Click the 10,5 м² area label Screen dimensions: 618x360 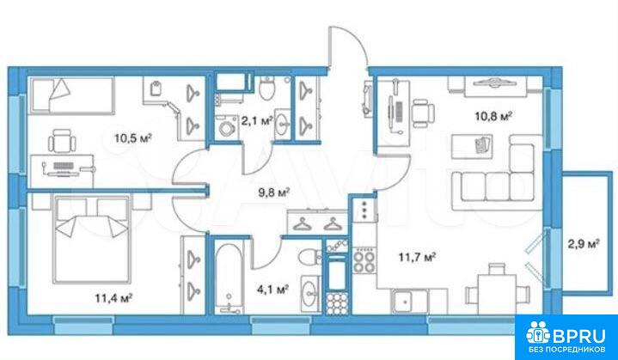[133, 138]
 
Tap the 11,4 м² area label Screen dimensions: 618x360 [113, 298]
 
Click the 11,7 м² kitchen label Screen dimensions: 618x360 [417, 258]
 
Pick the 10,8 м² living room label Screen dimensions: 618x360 [493, 116]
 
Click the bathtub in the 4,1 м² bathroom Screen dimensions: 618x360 [229, 278]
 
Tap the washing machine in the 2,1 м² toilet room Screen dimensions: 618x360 [227, 128]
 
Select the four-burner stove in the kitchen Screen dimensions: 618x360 [364, 260]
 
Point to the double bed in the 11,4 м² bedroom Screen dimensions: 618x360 [93, 240]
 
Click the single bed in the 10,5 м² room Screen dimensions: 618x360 [72, 95]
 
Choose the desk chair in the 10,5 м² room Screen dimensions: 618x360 [62, 141]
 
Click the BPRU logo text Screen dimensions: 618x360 [579, 336]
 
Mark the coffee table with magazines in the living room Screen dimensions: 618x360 [472, 146]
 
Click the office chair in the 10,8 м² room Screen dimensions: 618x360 [423, 110]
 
